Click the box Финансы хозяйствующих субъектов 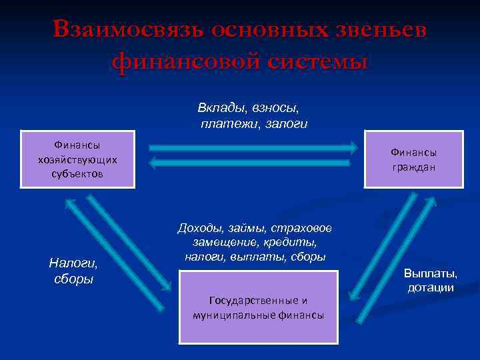(x=78, y=159)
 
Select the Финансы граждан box (x=413, y=159)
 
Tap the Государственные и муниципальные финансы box (x=258, y=307)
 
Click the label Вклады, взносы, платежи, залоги (x=253, y=115)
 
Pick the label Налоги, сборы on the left (x=73, y=271)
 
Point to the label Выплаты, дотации (x=431, y=280)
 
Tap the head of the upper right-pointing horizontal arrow (x=351, y=148)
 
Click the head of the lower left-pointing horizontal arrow (x=153, y=162)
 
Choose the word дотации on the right (x=431, y=287)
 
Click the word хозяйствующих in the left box (x=78, y=159)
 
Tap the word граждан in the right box (x=413, y=167)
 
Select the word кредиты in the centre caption (x=293, y=242)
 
